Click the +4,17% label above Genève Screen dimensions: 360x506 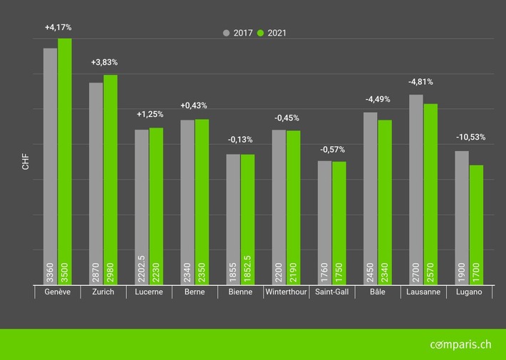point(58,27)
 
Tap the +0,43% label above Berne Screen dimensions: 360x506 point(195,106)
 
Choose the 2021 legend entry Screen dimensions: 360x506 point(273,33)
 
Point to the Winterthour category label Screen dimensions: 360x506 point(286,292)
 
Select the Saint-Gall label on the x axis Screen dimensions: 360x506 point(331,292)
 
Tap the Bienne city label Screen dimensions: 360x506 point(240,292)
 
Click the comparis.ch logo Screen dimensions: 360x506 point(460,344)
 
